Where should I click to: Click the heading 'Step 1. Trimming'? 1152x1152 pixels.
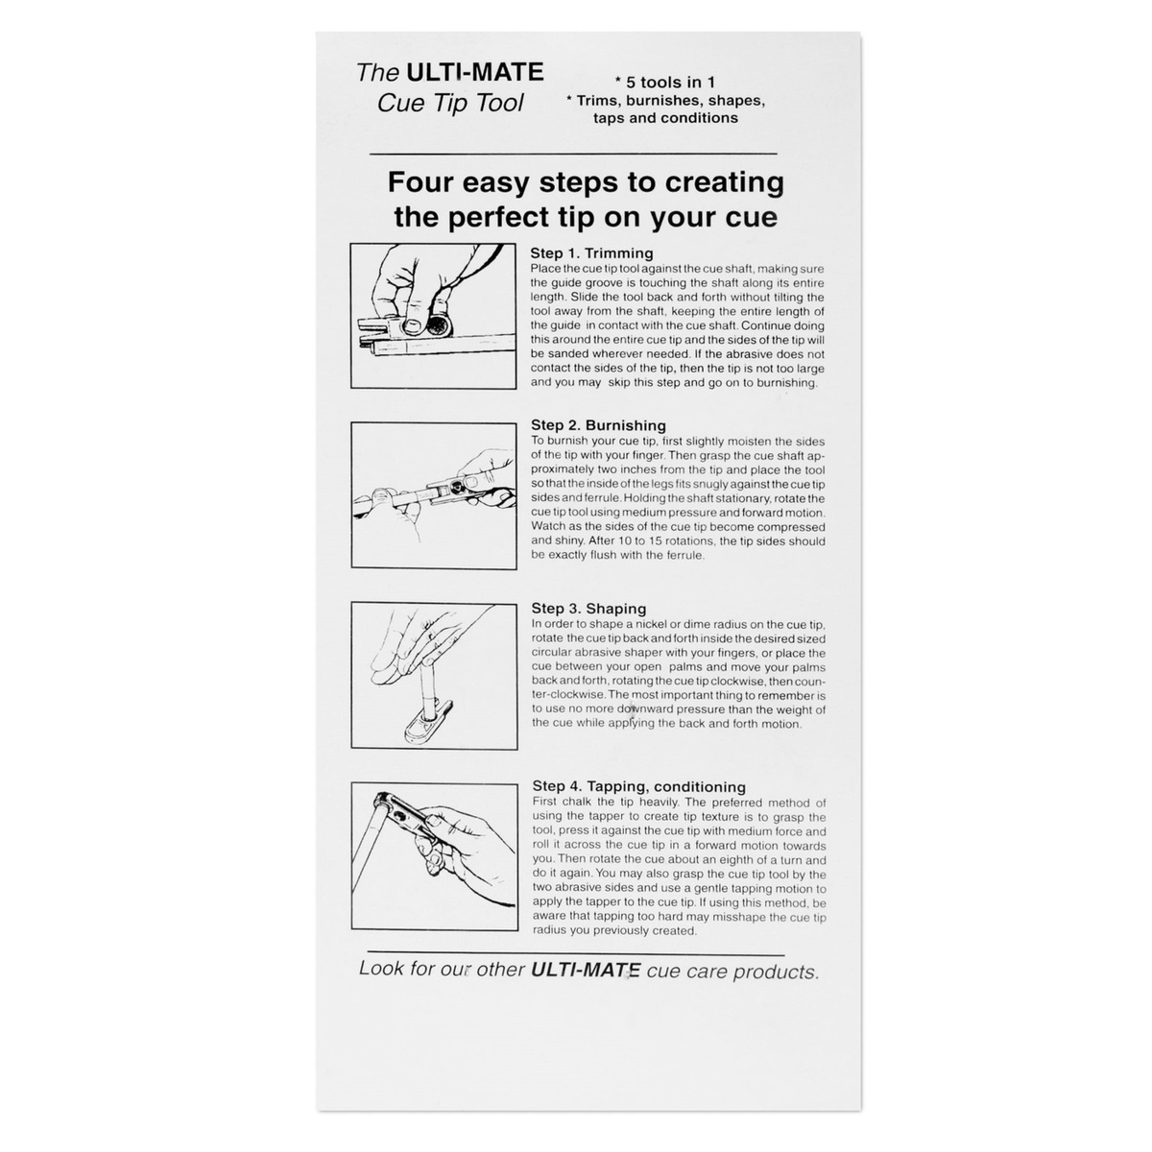point(591,252)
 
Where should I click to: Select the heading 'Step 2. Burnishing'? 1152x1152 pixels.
point(598,425)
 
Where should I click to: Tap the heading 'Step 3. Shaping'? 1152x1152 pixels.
point(588,609)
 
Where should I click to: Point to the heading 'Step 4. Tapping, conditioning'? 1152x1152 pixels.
point(639,787)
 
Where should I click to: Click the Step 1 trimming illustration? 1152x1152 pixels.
point(433,316)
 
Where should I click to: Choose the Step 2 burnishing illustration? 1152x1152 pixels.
point(434,495)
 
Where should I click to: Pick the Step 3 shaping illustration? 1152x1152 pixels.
point(435,676)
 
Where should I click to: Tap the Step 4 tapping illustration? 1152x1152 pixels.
point(435,856)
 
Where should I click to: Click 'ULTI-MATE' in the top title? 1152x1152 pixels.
point(474,72)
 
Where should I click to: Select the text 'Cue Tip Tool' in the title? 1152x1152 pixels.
point(450,103)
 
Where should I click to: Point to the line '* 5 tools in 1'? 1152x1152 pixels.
point(664,82)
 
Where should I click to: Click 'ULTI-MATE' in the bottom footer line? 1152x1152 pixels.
point(586,969)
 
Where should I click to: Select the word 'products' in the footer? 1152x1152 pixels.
point(776,972)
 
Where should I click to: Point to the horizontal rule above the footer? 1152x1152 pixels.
point(576,953)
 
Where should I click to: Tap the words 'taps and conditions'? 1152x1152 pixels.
point(665,118)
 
